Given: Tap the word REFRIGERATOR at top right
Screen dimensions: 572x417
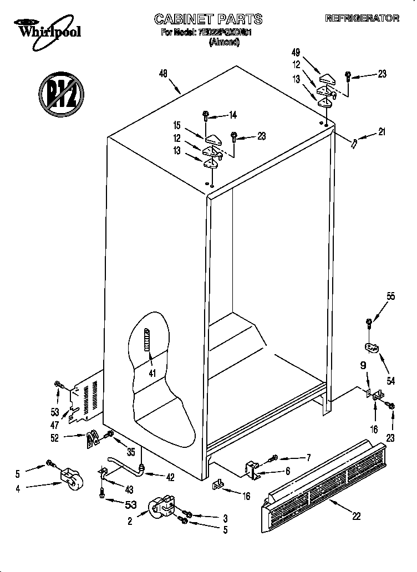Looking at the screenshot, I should click(x=362, y=18).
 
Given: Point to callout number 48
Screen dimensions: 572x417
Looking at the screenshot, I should click(x=164, y=73).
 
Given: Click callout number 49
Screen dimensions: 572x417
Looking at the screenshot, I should click(x=296, y=53).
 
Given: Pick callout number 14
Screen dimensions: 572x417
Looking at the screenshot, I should click(x=232, y=115).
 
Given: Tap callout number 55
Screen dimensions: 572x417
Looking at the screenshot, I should click(x=391, y=297).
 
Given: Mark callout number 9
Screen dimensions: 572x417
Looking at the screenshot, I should click(x=363, y=366).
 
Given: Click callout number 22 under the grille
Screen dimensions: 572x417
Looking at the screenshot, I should click(x=356, y=516).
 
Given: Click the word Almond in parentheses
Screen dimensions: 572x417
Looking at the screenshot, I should click(x=224, y=43).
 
